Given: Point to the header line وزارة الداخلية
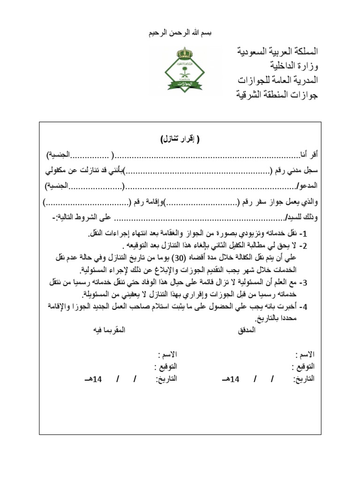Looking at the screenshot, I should click(x=294, y=65).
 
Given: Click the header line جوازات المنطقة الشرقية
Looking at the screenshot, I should click(x=277, y=94).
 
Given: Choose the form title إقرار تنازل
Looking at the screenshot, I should click(x=180, y=140).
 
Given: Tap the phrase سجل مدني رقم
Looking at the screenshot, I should click(x=293, y=171).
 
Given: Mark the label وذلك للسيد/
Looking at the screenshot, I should click(x=302, y=217).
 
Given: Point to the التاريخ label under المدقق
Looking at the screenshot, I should click(x=303, y=378).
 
